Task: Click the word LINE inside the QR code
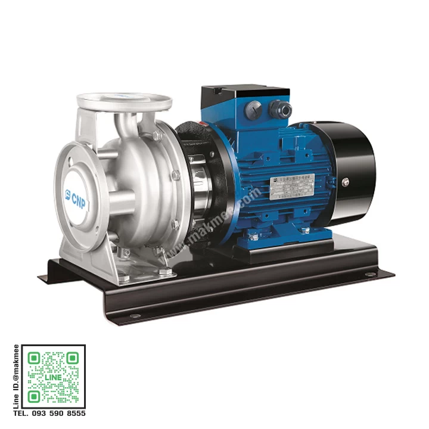point(53,378)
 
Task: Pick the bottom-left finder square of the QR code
point(35,396)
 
